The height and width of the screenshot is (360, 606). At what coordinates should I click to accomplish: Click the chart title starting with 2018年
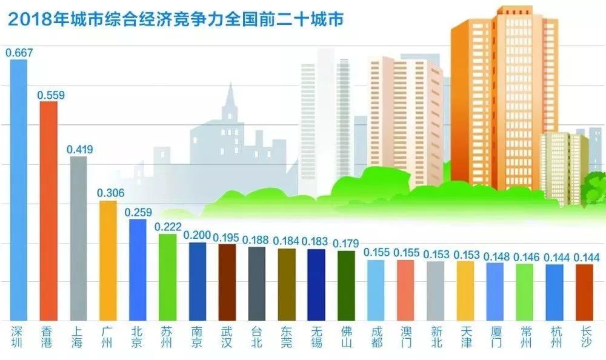[176, 19]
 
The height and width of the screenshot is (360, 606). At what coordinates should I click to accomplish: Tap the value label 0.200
[198, 235]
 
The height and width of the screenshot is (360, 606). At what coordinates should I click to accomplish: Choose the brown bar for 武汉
[227, 282]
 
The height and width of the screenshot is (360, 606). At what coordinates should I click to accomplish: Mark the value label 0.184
[287, 241]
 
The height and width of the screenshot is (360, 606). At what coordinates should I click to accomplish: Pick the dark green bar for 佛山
[346, 285]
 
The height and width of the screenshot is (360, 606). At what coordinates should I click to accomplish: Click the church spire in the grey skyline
[230, 100]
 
